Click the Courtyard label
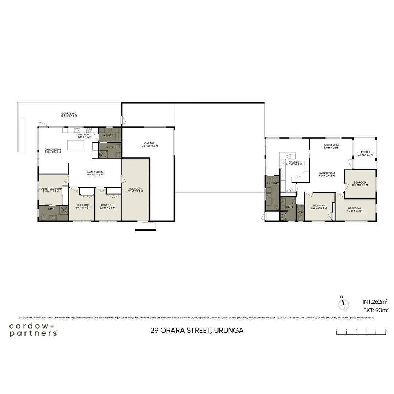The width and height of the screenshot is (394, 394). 69,115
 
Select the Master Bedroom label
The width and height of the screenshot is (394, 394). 51,190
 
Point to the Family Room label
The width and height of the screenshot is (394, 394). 95,173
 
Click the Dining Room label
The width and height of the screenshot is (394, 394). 53,151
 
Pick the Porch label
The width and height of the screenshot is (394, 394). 365,154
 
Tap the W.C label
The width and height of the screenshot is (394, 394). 300,212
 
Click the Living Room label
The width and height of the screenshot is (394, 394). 327,174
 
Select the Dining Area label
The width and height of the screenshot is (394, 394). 331,147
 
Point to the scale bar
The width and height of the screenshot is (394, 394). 361,332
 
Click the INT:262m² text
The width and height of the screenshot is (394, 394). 375,302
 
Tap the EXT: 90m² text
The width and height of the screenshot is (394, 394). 375,310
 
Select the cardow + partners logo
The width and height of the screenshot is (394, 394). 33,329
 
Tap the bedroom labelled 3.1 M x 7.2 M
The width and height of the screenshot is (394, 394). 135,190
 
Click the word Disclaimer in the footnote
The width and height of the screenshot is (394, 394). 25,318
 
